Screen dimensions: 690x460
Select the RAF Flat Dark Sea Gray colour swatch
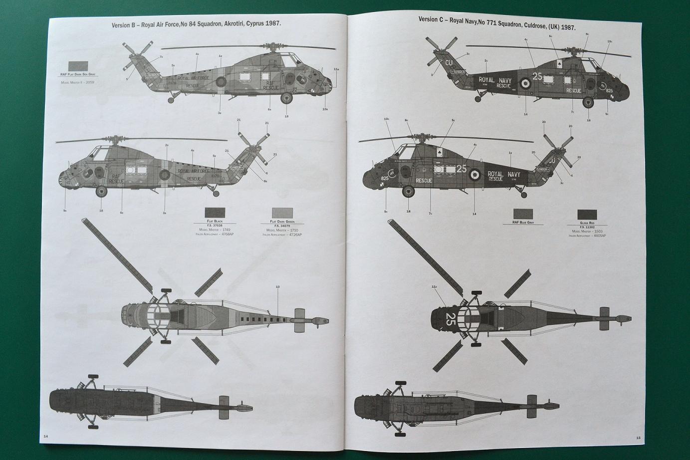(x=78, y=67)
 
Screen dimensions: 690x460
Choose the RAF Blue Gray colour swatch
(x=522, y=215)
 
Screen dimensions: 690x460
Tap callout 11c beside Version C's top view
(x=434, y=287)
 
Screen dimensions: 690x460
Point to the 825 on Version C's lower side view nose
(x=385, y=178)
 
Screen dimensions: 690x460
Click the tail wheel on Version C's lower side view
(x=523, y=190)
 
